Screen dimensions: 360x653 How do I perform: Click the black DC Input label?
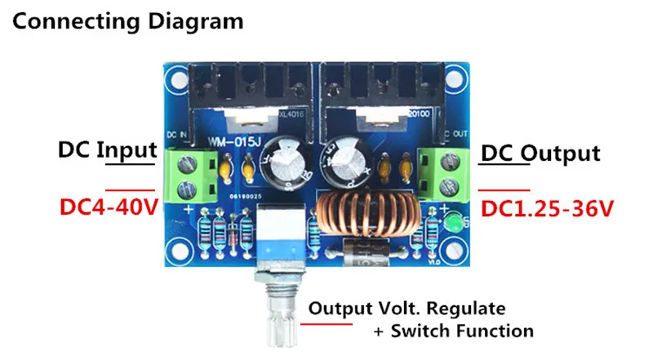click(106, 150)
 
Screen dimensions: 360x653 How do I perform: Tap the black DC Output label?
click(540, 153)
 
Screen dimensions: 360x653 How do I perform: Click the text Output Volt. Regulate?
click(406, 309)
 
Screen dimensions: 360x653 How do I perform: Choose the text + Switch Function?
click(453, 331)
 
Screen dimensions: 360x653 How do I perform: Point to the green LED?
click(455, 220)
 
